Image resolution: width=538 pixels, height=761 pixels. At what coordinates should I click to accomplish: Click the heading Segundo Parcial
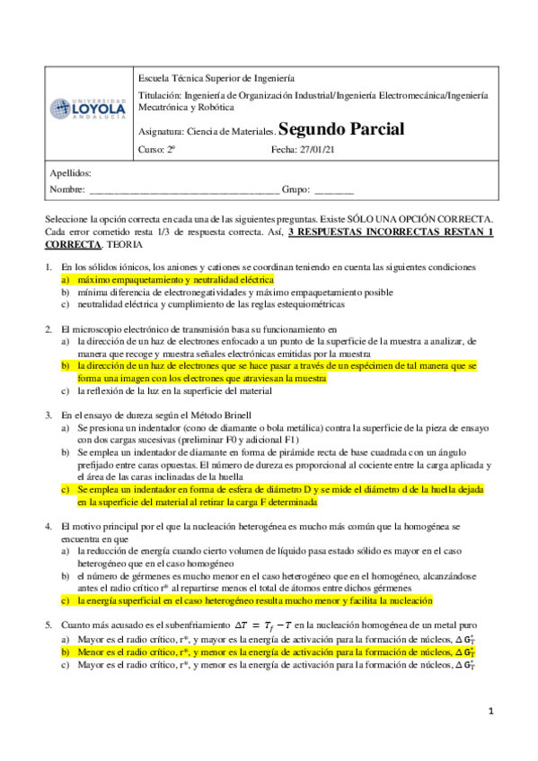coord(330,128)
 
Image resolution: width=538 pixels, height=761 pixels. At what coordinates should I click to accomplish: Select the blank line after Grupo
coord(333,190)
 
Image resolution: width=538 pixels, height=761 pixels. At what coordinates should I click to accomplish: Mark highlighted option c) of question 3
coord(280,497)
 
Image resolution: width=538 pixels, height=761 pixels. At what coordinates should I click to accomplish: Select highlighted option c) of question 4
coord(255,599)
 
